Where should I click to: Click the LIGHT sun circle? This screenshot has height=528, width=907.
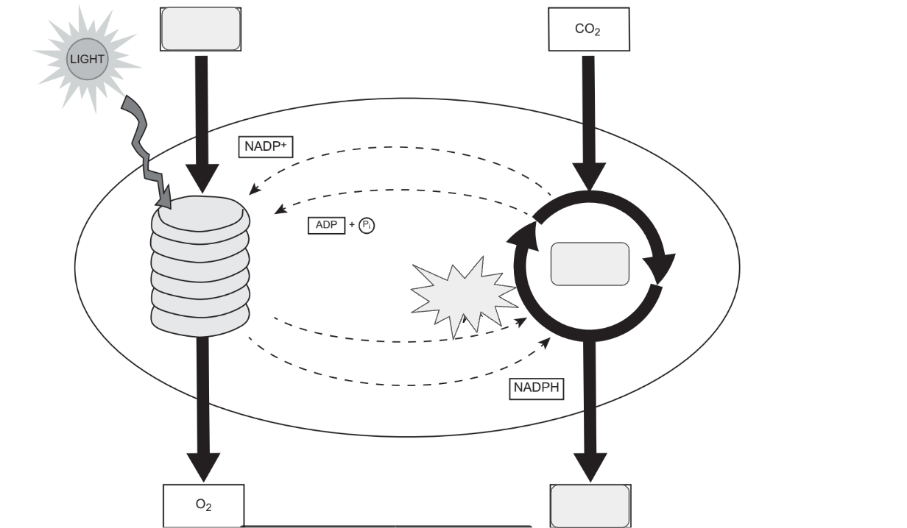coord(87,59)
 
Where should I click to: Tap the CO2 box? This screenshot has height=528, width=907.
coord(589,29)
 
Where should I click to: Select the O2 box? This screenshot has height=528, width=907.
coord(202,506)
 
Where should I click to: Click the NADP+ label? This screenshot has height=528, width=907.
coord(267,146)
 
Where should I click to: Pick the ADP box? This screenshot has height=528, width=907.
coord(326,226)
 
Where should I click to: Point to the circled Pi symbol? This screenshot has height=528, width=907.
coord(367,226)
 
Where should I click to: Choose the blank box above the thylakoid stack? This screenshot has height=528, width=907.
coord(200,29)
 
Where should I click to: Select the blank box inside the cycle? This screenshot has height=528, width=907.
coord(590,264)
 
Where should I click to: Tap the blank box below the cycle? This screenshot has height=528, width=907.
coord(590,506)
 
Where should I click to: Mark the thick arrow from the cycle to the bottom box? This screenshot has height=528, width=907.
coord(589,412)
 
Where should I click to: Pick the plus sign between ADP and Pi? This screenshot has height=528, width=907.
coord(351,226)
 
